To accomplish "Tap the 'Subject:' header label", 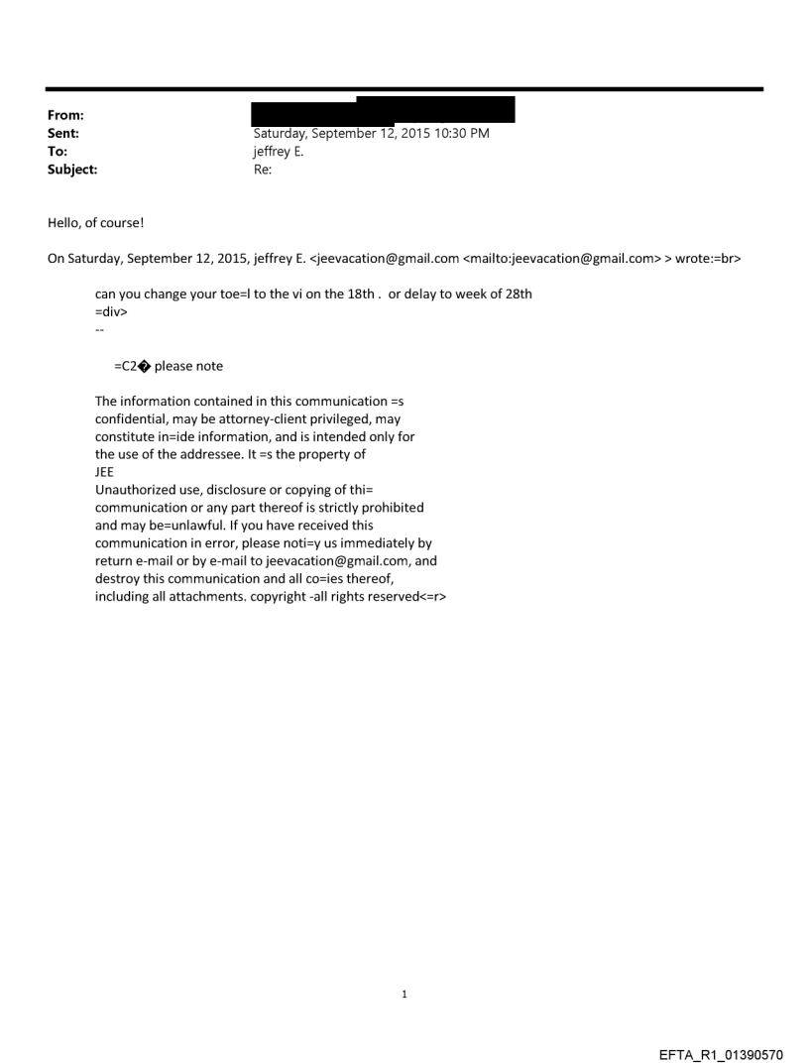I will (72, 170).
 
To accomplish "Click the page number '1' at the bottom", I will (404, 995).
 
